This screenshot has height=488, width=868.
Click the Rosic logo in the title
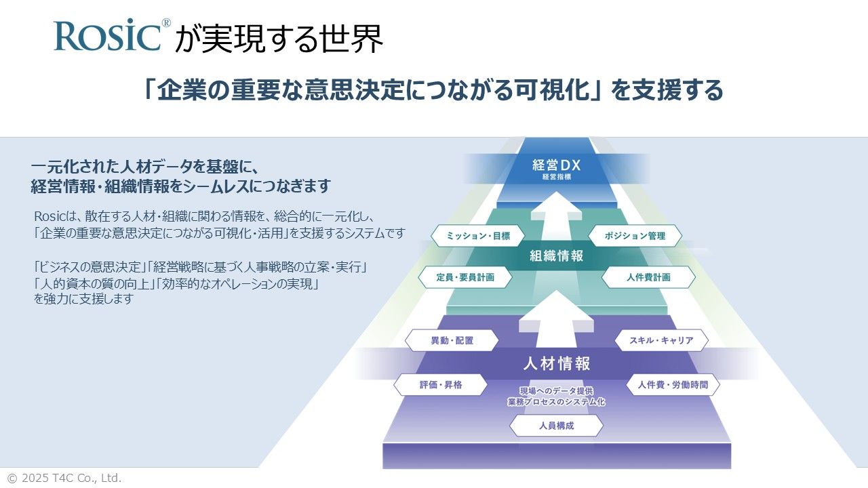pyautogui.click(x=107, y=36)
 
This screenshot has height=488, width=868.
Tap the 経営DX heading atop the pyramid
pyautogui.click(x=557, y=165)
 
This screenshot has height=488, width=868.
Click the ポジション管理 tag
pyautogui.click(x=635, y=236)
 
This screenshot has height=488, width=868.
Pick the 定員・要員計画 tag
pyautogui.click(x=465, y=277)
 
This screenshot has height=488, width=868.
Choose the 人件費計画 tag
pyautogui.click(x=648, y=277)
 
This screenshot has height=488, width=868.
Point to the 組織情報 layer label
pyautogui.click(x=557, y=256)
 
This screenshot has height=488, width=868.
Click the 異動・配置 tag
pyautogui.click(x=452, y=340)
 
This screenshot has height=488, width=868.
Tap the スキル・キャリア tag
pyautogui.click(x=661, y=340)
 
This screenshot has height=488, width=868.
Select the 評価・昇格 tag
pyautogui.click(x=441, y=384)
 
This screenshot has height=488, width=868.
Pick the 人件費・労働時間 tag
pyautogui.click(x=672, y=384)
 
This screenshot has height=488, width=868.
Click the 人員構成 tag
pyautogui.click(x=557, y=426)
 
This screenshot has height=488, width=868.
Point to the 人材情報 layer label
pyautogui.click(x=557, y=363)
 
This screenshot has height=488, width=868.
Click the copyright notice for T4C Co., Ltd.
pyautogui.click(x=64, y=478)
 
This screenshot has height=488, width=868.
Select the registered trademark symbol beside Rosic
pyautogui.click(x=166, y=22)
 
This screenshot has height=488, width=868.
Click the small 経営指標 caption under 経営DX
pyautogui.click(x=557, y=178)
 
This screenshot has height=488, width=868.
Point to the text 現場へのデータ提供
pyautogui.click(x=557, y=391)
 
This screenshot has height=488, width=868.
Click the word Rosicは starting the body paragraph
pyautogui.click(x=50, y=216)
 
